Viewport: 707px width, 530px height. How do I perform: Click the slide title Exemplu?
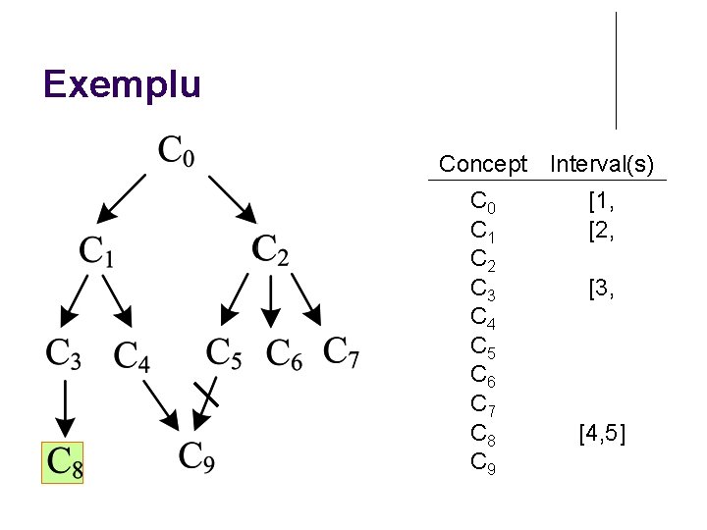pos(122,84)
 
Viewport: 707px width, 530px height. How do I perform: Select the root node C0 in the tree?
pos(177,152)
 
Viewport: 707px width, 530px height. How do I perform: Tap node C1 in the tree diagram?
pos(97,251)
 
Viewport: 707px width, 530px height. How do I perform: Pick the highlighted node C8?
pos(63,462)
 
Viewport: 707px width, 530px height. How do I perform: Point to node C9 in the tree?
pos(196,456)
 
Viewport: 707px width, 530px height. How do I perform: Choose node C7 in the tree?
pos(341,351)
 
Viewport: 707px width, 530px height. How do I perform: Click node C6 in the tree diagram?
pos(285,353)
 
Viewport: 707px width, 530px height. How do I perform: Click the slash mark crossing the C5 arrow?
pos(206,395)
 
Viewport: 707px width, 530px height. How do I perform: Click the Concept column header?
pos(483,164)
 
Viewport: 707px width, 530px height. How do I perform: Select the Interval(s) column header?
pos(602,164)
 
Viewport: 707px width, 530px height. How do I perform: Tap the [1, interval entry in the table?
pos(602,203)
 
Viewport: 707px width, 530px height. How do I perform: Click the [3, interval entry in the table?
pos(602,289)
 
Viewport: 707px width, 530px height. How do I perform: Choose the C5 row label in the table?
pos(483,346)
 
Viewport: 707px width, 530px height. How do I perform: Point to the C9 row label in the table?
pos(483,461)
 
